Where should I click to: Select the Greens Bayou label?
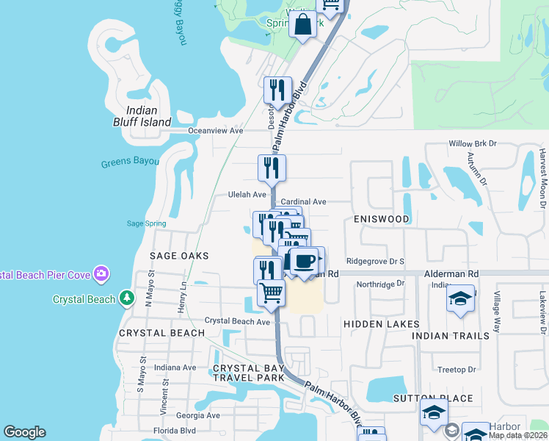click(x=130, y=161)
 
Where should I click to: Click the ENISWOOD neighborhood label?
click(x=380, y=219)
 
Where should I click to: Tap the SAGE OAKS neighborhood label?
click(x=179, y=256)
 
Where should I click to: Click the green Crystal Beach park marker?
click(x=128, y=298)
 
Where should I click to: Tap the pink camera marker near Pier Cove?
click(x=102, y=275)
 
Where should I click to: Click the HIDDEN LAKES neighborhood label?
click(x=382, y=324)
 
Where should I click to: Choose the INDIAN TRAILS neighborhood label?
click(x=451, y=336)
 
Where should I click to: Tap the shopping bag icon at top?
click(x=303, y=26)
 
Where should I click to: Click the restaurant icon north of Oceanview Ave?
click(x=277, y=91)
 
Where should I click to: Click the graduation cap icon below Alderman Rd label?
click(x=460, y=298)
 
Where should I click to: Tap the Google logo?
click(x=25, y=432)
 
